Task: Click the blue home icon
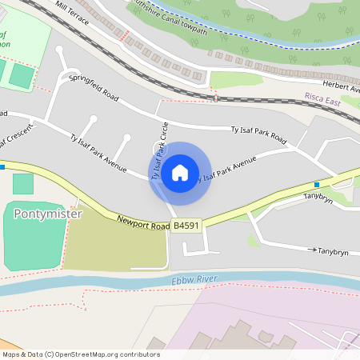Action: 180,173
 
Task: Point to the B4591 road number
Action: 186,226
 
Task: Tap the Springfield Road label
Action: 93,89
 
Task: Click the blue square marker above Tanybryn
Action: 317,184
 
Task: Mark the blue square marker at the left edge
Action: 2,166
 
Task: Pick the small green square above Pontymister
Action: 23,183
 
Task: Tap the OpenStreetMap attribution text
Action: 80,354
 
